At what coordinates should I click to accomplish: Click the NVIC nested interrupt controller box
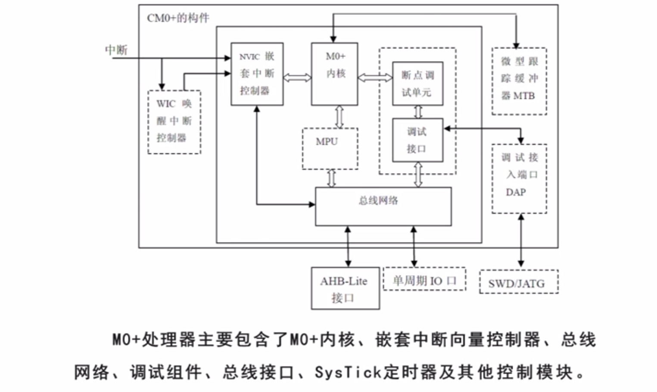[x=257, y=74]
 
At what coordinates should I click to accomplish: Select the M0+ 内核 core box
[x=335, y=74]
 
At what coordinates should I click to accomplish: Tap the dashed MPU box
[x=330, y=148]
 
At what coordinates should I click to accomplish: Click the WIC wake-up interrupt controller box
[x=174, y=121]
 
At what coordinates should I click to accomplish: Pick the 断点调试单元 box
[x=417, y=84]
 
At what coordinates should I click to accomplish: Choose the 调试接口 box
[x=417, y=140]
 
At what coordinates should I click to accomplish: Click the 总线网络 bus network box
[x=383, y=206]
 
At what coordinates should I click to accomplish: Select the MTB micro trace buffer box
[x=519, y=81]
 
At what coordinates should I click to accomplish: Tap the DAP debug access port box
[x=519, y=178]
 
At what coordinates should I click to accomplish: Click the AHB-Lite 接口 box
[x=345, y=288]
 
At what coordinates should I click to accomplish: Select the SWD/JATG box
[x=518, y=282]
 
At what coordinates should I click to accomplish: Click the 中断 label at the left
[x=116, y=50]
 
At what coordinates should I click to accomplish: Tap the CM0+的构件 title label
[x=178, y=18]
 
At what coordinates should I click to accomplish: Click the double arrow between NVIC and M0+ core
[x=297, y=78]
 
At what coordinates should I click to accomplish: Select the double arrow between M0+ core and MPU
[x=339, y=116]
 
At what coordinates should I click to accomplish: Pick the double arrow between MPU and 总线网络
[x=331, y=178]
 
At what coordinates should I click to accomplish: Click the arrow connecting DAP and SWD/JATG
[x=521, y=241]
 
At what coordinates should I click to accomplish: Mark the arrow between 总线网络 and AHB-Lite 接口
[x=348, y=246]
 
